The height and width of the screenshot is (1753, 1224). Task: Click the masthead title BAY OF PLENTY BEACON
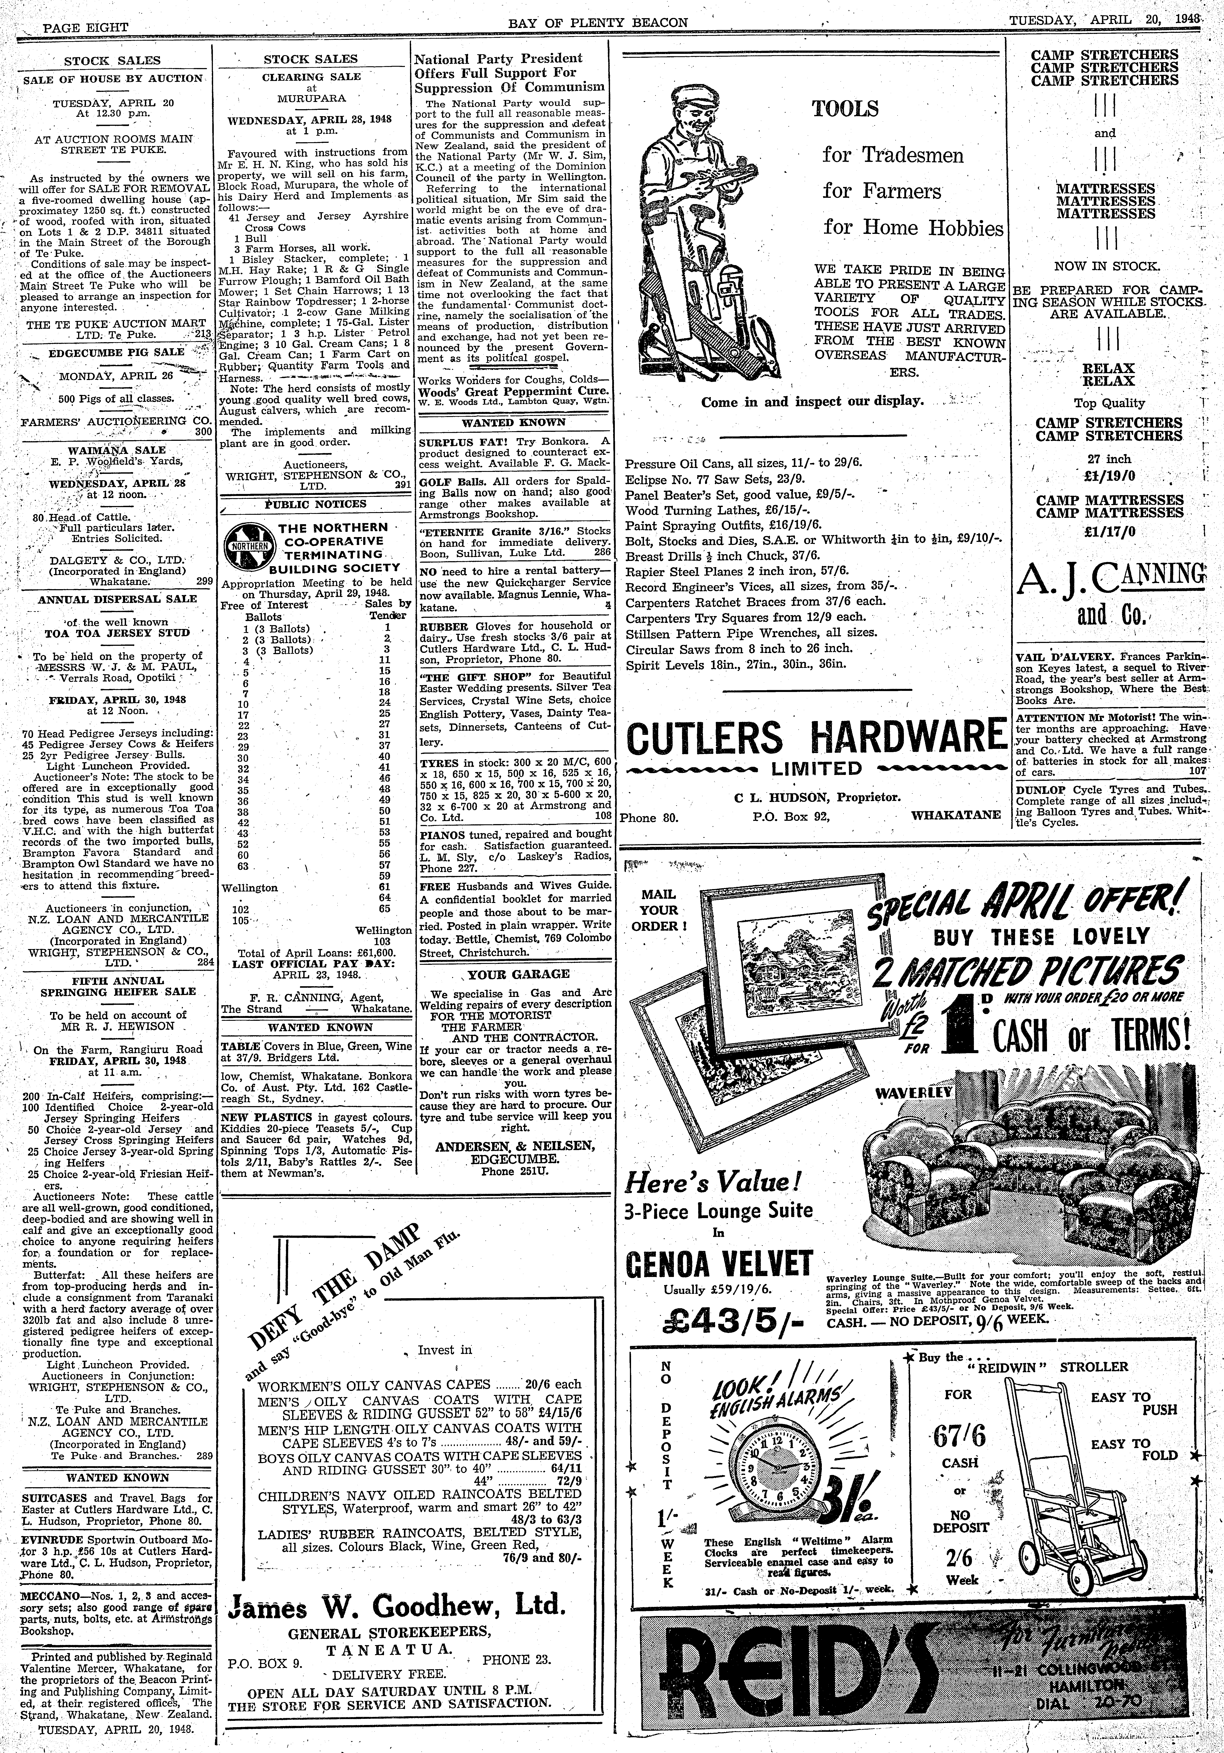click(x=598, y=23)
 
